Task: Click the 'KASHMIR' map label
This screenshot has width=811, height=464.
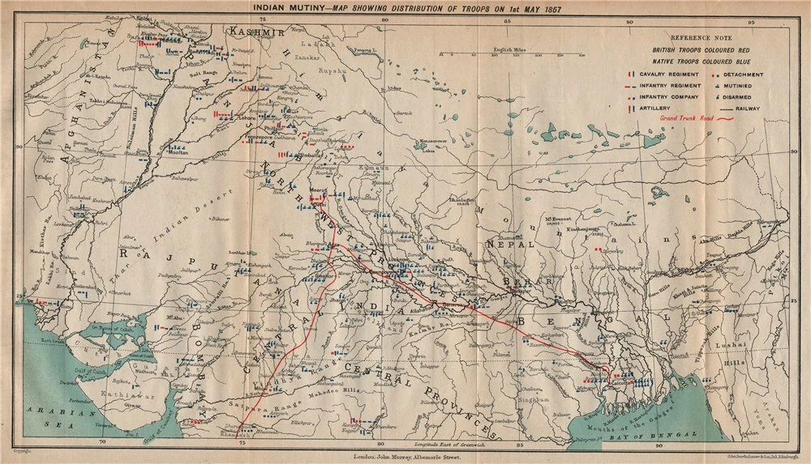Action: click(255, 32)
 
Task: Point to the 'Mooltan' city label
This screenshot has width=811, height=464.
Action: click(178, 151)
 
